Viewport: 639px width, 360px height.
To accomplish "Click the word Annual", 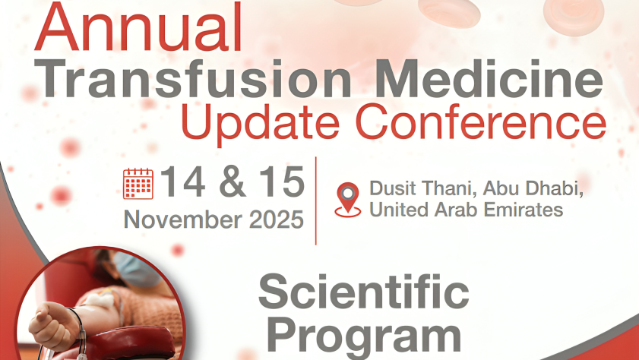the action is (139, 27).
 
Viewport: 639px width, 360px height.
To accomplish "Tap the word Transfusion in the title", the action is (193, 78).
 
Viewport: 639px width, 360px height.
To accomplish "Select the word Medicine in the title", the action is (489, 78).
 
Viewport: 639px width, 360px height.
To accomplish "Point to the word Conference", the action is (481, 121).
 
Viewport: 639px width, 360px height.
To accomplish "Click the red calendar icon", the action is (138, 184).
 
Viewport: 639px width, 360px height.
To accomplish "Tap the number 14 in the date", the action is (183, 182).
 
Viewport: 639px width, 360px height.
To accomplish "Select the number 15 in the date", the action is (282, 182).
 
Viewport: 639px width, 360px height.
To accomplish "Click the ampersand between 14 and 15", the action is (233, 182).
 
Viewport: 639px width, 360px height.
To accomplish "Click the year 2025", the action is (277, 219).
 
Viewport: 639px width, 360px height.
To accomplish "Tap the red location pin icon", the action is (348, 200).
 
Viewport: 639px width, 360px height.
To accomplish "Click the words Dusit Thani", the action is (422, 188).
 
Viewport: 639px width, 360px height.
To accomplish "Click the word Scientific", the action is (363, 292).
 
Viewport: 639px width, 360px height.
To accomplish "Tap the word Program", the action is (364, 336).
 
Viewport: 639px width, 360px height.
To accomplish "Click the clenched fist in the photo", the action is (54, 324).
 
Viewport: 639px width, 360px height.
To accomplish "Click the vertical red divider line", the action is (316, 201).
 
